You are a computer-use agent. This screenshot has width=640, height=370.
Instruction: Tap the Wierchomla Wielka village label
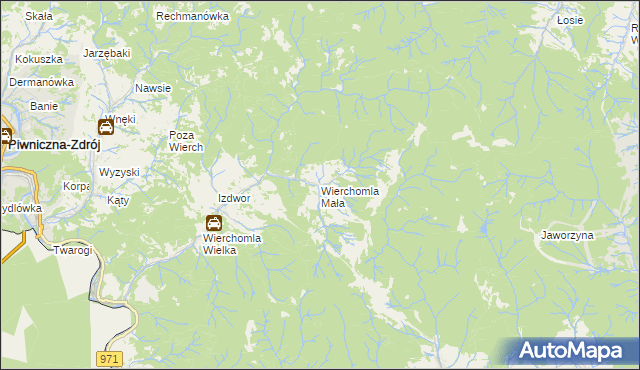232,244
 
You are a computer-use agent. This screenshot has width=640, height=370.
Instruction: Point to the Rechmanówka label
193,17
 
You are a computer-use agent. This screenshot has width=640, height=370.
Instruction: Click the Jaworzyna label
567,235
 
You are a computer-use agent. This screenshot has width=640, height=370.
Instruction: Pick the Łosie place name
570,19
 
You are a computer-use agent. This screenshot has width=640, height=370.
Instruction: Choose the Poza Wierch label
186,141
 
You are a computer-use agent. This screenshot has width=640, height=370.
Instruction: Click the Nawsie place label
153,88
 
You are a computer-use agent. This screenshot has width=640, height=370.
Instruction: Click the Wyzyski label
119,172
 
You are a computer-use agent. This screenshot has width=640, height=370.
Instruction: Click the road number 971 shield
111,357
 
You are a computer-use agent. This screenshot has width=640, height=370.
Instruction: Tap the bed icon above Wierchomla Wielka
214,223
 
